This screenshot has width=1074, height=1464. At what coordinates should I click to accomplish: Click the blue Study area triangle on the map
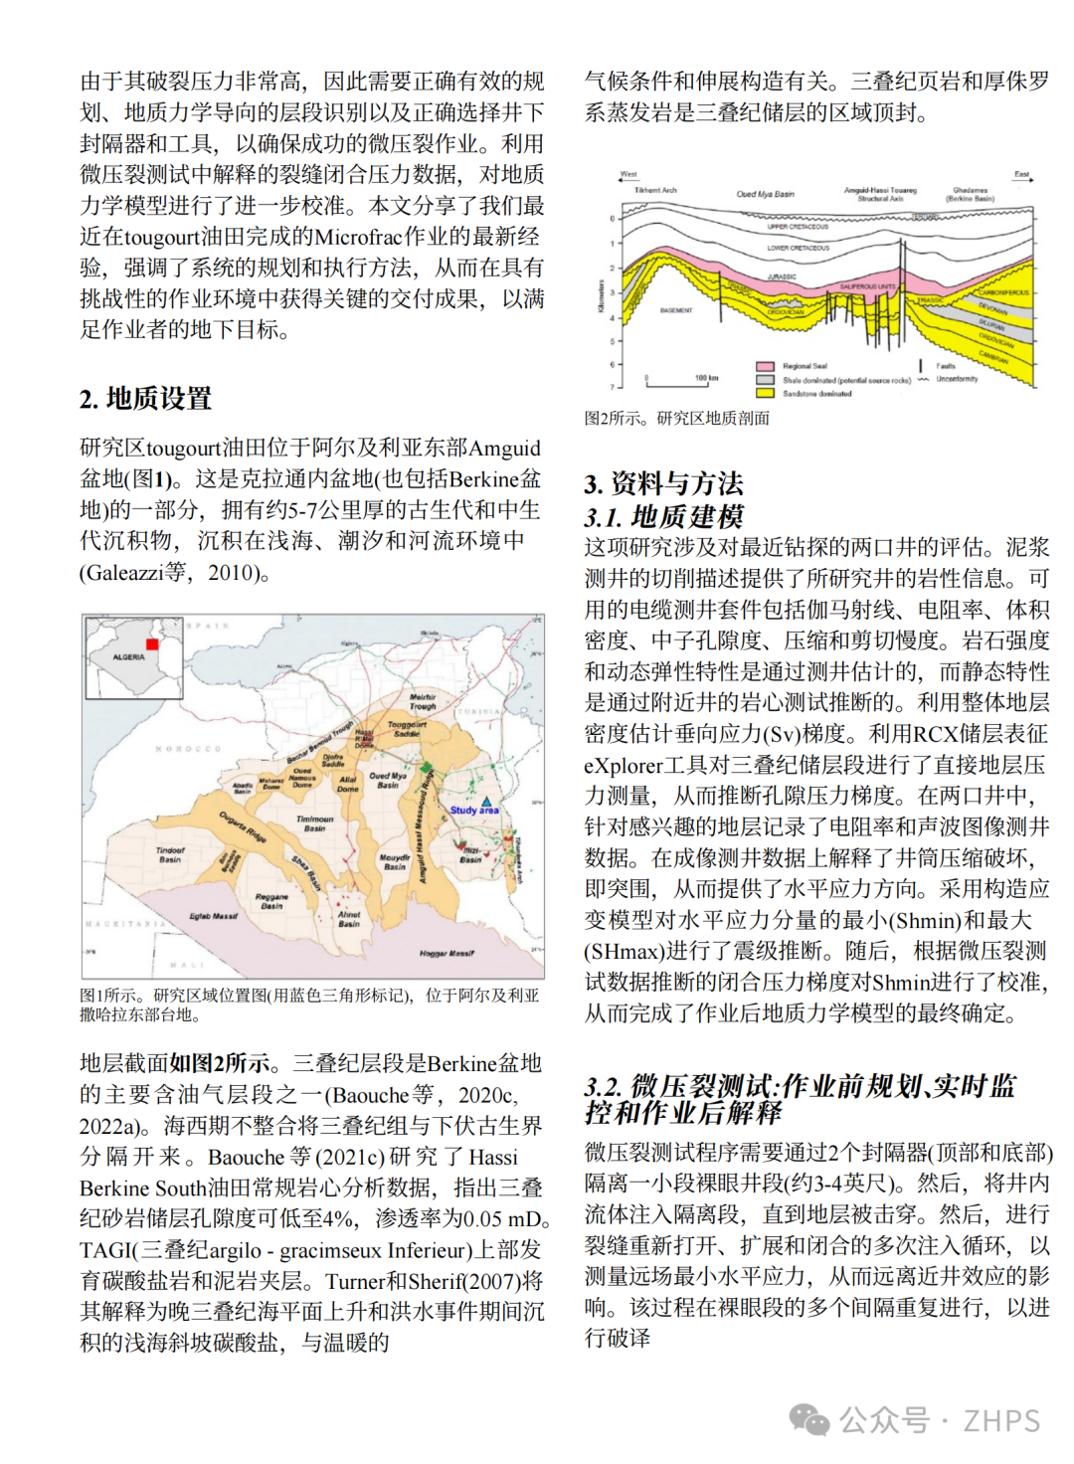[487, 800]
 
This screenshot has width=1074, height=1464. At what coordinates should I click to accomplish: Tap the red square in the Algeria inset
[152, 644]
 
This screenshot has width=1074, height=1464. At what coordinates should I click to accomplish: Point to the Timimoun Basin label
[314, 823]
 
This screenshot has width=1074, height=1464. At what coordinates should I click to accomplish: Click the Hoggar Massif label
[447, 953]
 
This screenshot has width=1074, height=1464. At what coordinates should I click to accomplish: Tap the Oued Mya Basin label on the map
[388, 780]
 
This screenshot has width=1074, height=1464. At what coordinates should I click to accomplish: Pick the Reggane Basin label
[271, 901]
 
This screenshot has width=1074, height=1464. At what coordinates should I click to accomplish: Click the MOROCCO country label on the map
[188, 748]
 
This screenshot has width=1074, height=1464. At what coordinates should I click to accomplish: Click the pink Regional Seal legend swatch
[765, 366]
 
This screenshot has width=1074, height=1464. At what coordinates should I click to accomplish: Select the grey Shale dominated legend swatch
[765, 380]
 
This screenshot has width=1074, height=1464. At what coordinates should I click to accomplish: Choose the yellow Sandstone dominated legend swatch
[765, 394]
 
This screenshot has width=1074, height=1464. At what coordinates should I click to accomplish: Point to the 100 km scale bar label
[706, 378]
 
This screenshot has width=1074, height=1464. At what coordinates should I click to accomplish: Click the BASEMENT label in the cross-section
[676, 310]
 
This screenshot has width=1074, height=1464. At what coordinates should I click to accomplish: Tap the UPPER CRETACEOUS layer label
[798, 227]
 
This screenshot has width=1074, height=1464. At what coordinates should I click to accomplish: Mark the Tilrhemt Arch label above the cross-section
[655, 190]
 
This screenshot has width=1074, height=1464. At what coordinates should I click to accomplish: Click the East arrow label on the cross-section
[1021, 175]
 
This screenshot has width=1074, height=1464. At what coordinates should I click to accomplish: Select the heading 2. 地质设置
[146, 399]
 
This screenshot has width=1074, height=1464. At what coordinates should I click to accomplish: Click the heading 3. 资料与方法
[663, 484]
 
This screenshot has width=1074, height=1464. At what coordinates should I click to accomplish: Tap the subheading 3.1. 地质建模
[663, 517]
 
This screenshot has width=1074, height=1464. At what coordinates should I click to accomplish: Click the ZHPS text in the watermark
[1001, 1421]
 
